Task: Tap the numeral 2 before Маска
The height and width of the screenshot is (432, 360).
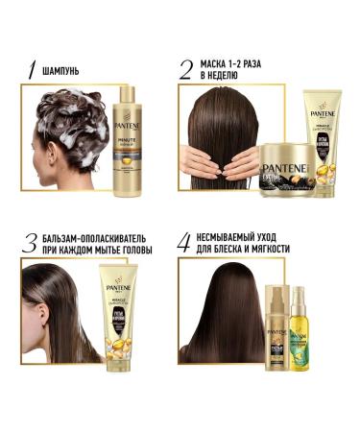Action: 186,69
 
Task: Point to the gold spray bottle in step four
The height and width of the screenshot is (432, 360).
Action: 274,331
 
